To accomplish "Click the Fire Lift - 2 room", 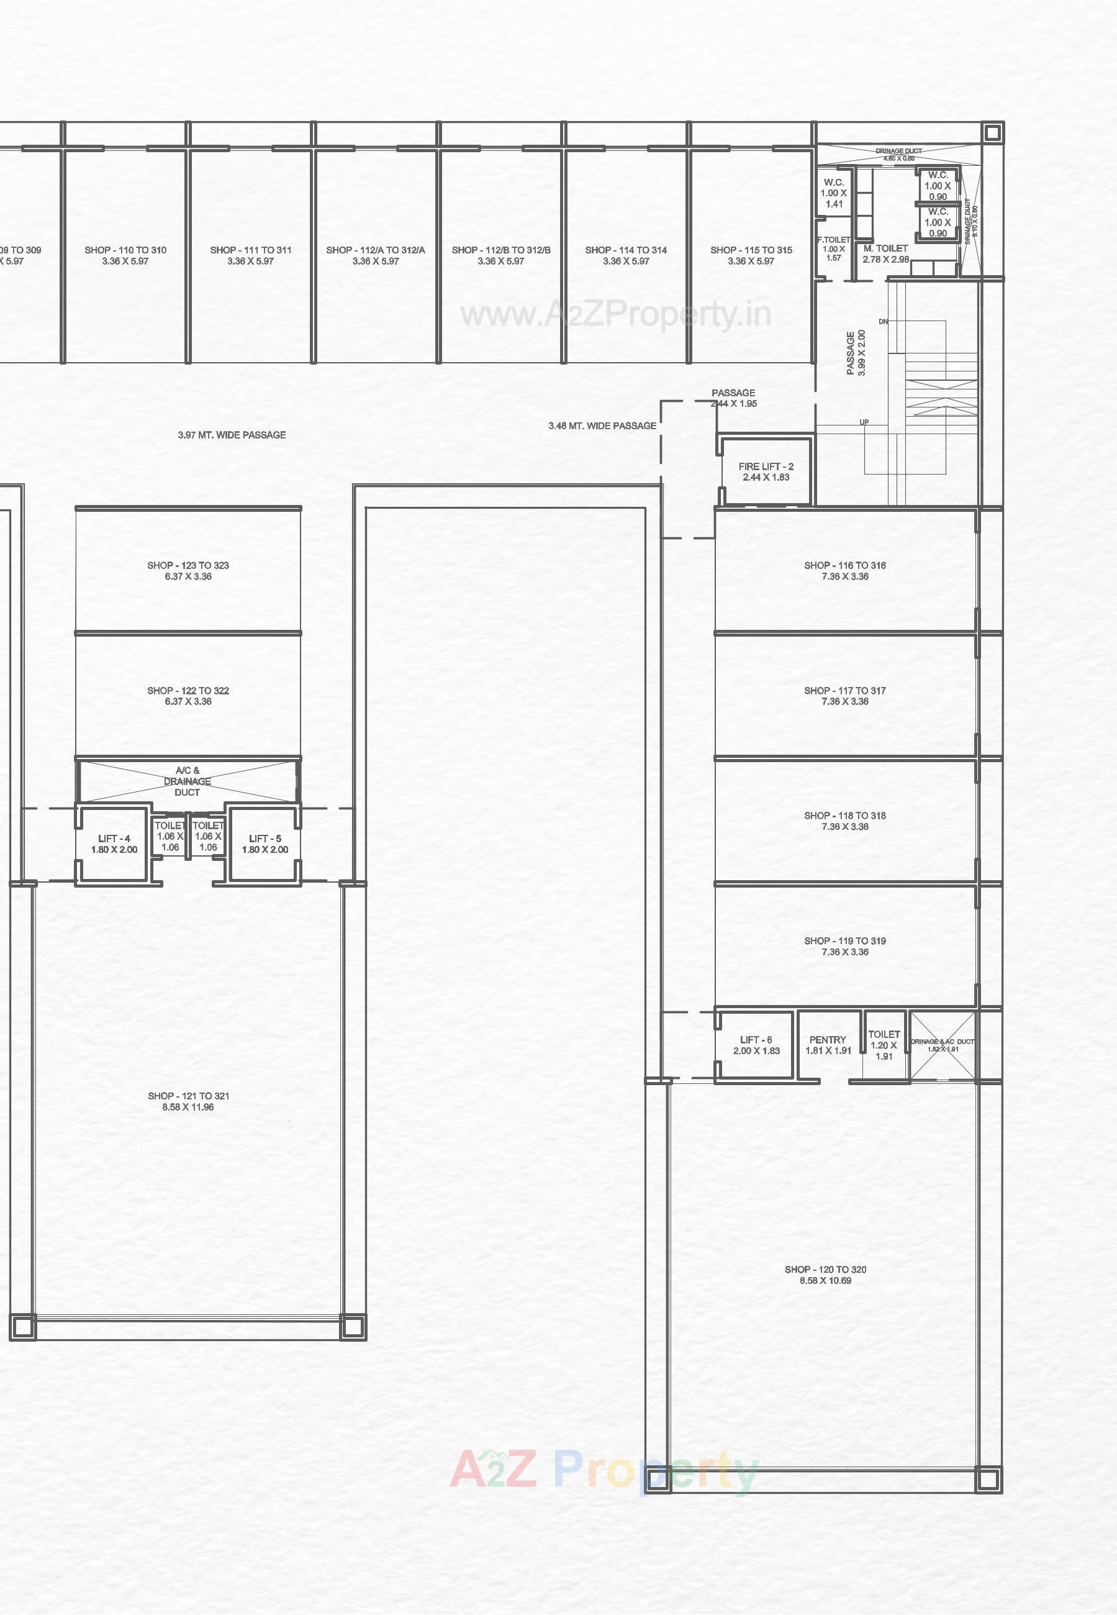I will click(766, 472).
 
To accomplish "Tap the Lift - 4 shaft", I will click(114, 844).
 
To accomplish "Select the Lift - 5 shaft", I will click(265, 844).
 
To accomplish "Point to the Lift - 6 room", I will click(755, 1045).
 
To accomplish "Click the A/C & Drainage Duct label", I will click(187, 781).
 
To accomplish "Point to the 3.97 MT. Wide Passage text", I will click(232, 435).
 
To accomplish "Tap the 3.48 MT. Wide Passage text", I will click(602, 425).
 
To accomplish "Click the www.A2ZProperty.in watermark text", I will click(615, 315).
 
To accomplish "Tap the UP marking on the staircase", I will click(864, 422).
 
